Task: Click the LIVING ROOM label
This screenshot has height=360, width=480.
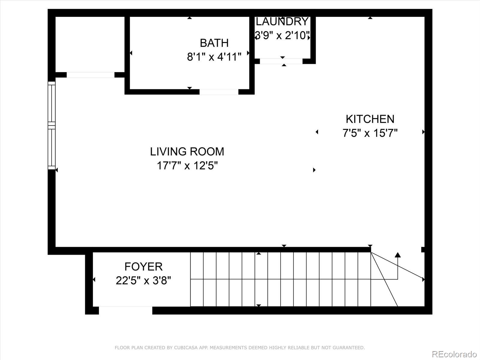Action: [187, 151]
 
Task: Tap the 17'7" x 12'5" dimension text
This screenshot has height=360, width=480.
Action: [187, 165]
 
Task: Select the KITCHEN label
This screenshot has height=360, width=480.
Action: [370, 119]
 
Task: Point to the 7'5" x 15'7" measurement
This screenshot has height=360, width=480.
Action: [370, 133]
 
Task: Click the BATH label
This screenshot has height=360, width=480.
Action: [214, 43]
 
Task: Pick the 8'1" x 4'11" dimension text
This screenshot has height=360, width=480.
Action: [214, 57]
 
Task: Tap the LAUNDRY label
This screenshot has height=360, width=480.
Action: [282, 22]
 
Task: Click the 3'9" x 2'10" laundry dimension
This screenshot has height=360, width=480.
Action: [282, 36]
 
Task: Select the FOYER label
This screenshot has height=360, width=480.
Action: [143, 266]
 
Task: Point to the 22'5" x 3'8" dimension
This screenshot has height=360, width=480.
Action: [143, 280]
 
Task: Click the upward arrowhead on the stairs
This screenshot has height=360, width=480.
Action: [398, 255]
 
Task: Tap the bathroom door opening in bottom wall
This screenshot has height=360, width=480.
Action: [219, 92]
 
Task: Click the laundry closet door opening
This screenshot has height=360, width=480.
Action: [281, 61]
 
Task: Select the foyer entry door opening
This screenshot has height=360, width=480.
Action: [125, 310]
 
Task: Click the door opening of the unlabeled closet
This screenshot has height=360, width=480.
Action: [90, 75]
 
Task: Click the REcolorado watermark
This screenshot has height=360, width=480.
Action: [454, 354]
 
